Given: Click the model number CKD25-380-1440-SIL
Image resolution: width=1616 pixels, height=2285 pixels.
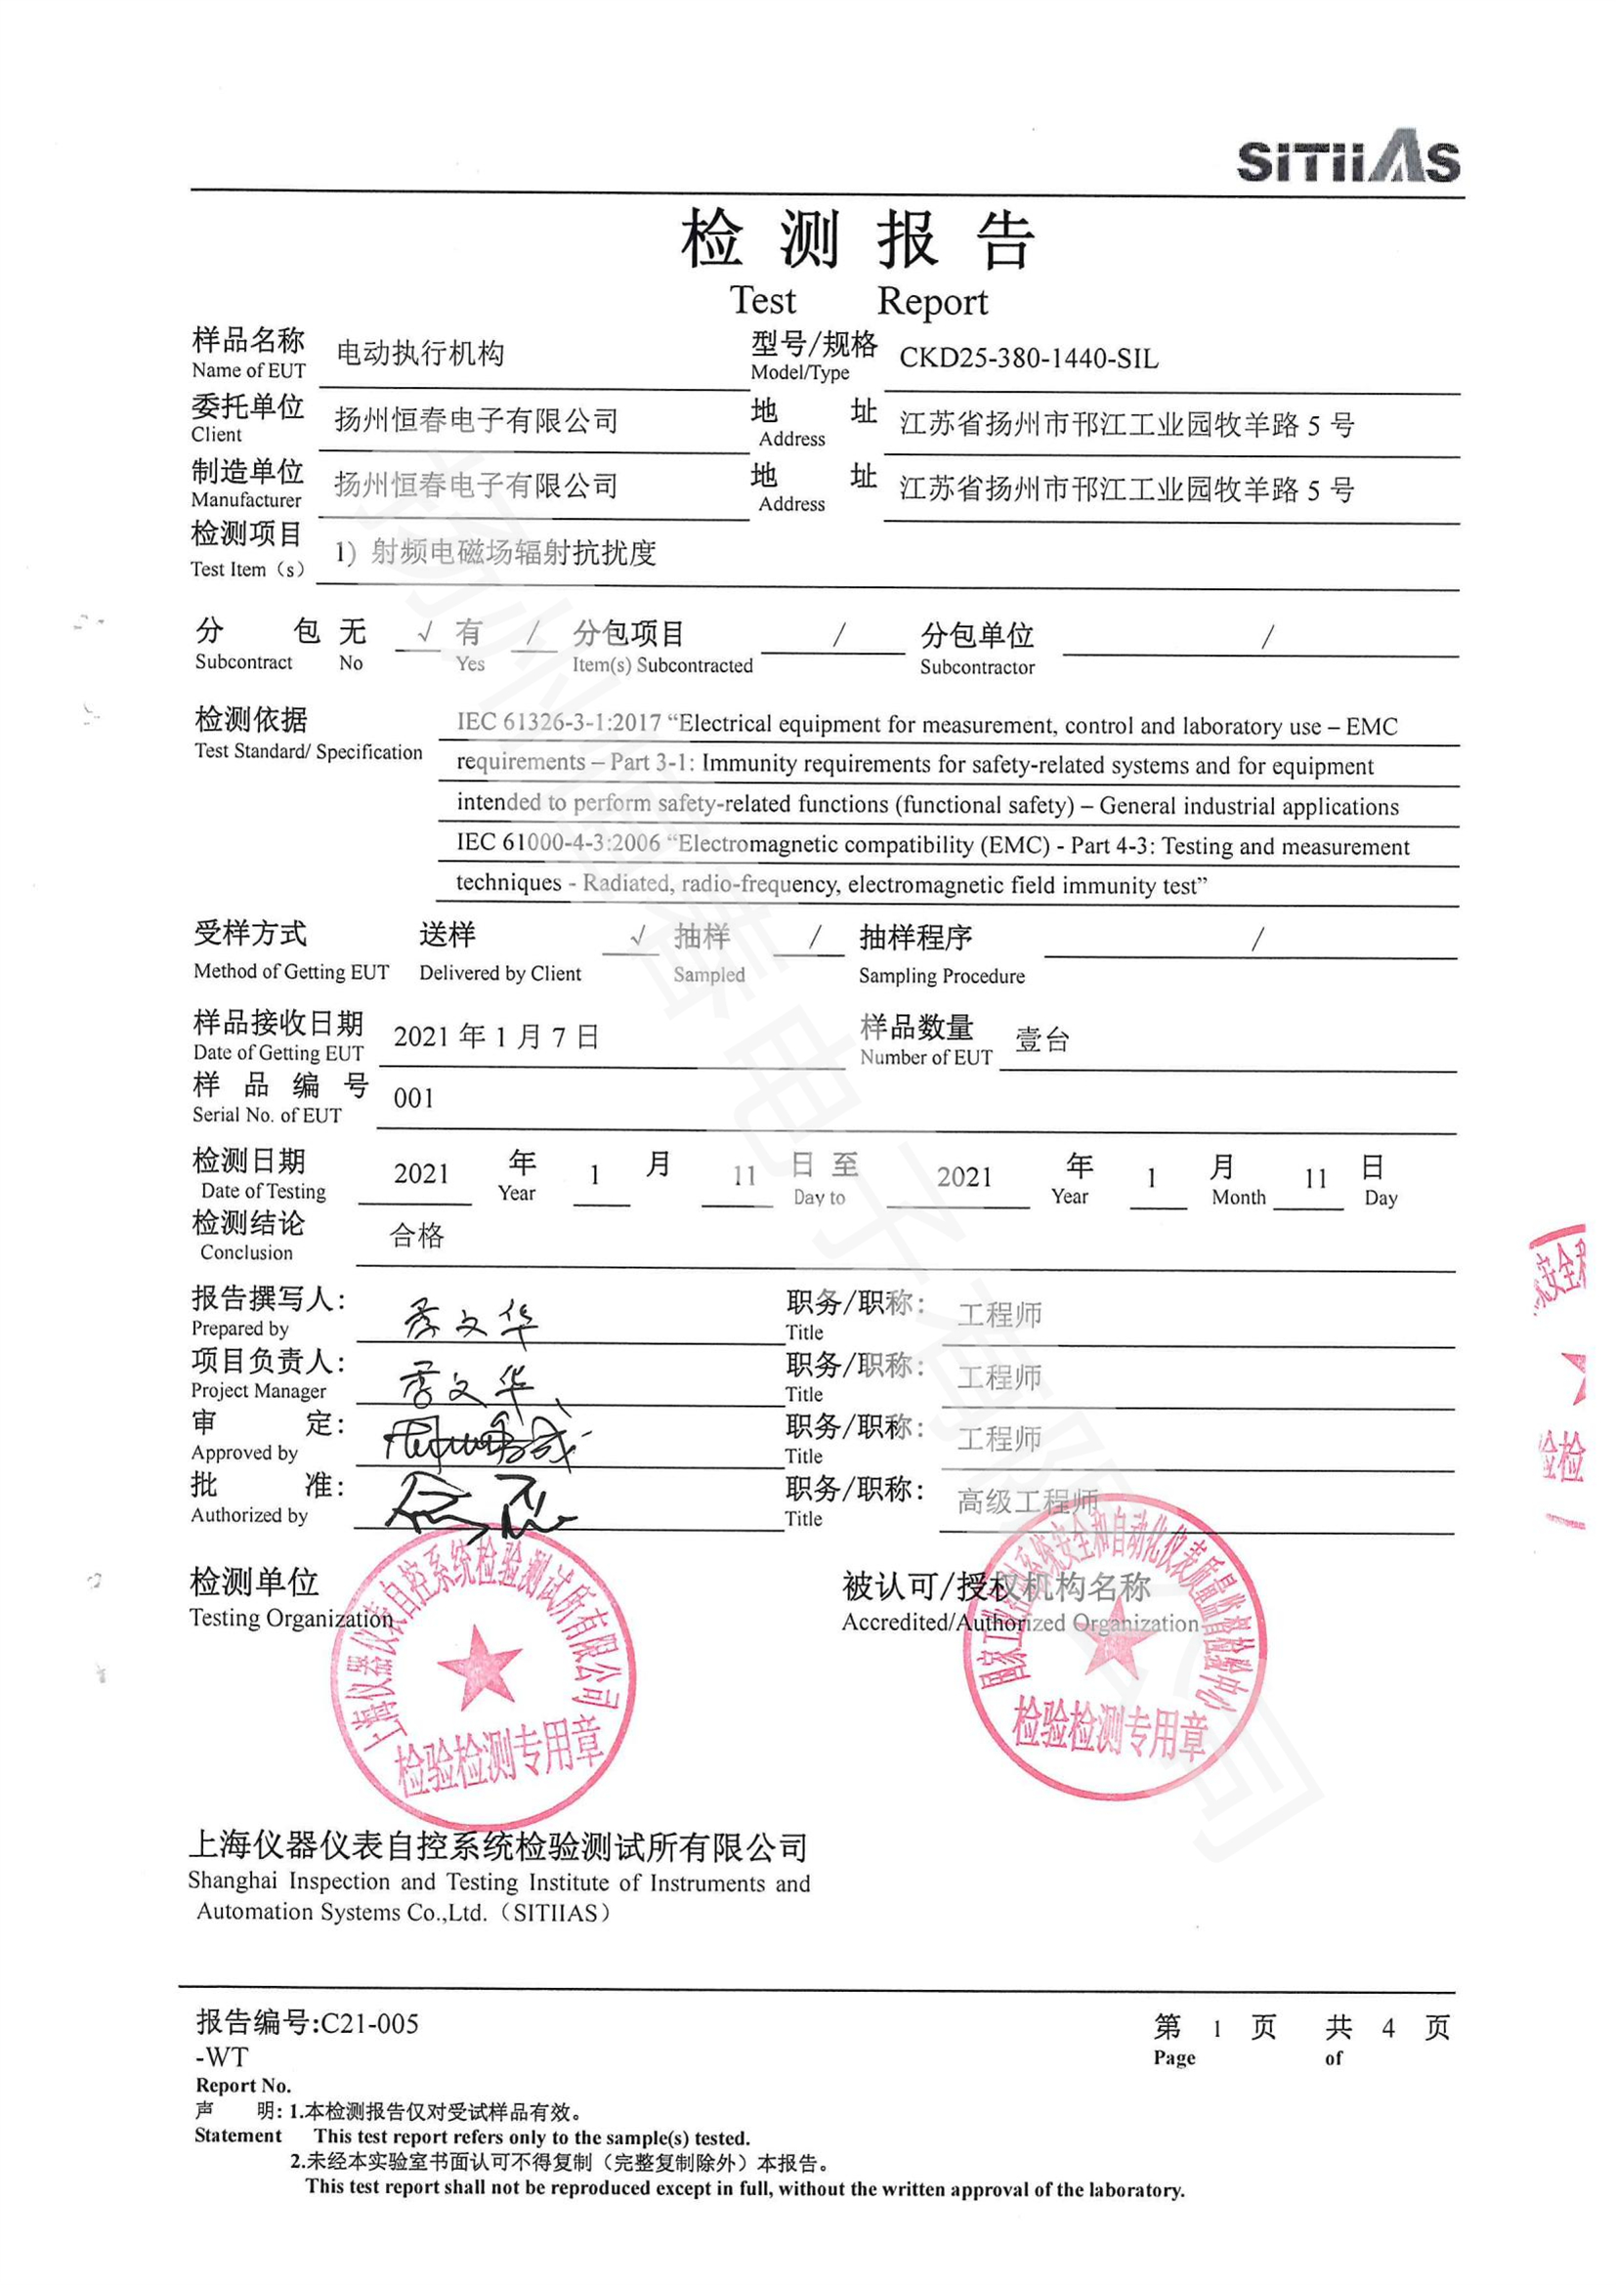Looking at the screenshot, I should click(1028, 359).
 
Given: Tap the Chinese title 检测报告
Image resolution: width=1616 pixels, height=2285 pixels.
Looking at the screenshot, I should click(858, 241).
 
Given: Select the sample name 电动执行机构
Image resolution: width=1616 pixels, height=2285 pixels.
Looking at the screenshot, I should click(420, 354).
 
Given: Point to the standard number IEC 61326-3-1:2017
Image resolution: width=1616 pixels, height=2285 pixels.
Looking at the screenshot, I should click(558, 724).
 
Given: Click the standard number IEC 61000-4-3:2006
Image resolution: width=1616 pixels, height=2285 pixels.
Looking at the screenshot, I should click(558, 843).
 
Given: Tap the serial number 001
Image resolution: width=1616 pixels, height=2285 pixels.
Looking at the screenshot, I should click(413, 1099).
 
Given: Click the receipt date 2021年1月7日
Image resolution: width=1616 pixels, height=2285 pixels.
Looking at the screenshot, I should click(495, 1037).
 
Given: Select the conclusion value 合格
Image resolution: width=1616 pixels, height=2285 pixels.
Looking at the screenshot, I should click(416, 1236).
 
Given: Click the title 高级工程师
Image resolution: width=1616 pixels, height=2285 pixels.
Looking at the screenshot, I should click(1027, 1501).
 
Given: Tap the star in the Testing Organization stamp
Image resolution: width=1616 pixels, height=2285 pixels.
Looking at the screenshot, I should click(479, 1667).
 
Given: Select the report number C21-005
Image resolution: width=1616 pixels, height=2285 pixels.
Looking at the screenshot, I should click(369, 2023).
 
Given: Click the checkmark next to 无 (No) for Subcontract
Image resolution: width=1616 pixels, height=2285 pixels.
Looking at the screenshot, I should click(425, 633).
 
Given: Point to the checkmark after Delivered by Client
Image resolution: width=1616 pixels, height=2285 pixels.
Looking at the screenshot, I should click(638, 936).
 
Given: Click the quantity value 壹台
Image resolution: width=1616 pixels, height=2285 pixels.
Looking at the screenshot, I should click(1042, 1041).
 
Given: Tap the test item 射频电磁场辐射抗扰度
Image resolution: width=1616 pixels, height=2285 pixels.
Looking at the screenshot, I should click(514, 552).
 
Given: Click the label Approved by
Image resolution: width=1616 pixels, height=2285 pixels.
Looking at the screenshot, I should click(245, 1453).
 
